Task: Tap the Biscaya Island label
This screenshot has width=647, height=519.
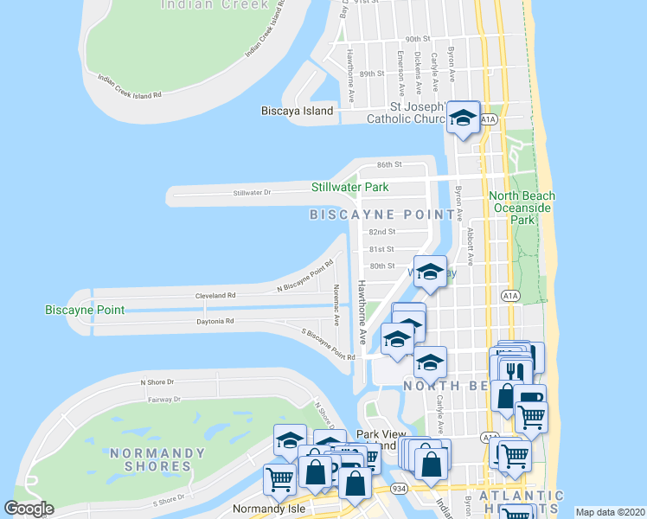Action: click(297, 112)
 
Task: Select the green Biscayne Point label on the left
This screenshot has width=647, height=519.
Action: click(84, 310)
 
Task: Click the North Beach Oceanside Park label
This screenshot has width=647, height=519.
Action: click(522, 208)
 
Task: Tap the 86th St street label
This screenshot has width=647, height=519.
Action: click(390, 164)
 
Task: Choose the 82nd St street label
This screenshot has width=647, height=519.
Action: click(381, 232)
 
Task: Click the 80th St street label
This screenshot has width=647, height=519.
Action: click(381, 266)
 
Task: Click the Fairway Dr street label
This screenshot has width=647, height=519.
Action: click(165, 400)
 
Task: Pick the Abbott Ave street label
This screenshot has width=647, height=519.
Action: click(471, 247)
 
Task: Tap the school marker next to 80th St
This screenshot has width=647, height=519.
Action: click(429, 273)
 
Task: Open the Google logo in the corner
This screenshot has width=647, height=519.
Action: click(29, 509)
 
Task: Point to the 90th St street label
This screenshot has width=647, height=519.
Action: click(418, 40)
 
